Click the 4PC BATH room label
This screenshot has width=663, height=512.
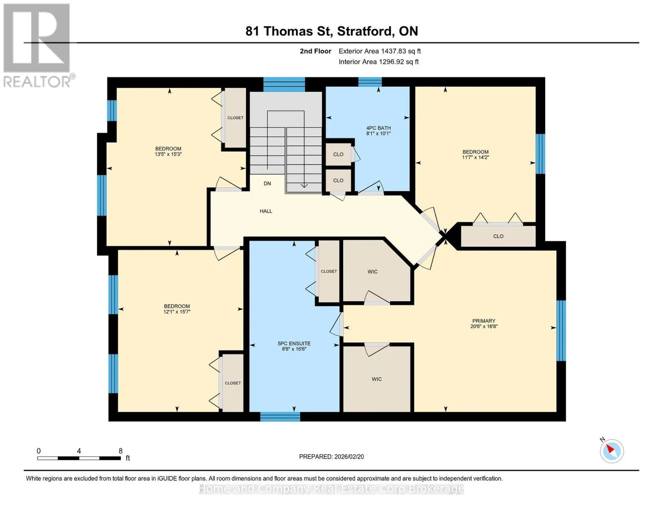(x=378, y=128)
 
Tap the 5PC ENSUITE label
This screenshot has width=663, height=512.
(x=294, y=343)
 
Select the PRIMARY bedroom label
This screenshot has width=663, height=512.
(x=484, y=321)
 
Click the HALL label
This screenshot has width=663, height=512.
(x=266, y=211)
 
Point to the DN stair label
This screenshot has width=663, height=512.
(x=267, y=183)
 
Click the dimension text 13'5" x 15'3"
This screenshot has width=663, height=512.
(x=168, y=154)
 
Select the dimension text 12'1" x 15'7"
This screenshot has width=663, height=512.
(x=177, y=311)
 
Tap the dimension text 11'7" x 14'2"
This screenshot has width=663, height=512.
(x=475, y=157)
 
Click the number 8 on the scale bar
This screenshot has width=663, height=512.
(x=120, y=451)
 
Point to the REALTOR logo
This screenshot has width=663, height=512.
(x=38, y=46)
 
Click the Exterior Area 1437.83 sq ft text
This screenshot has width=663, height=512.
(x=380, y=51)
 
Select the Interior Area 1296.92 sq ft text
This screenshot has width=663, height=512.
(x=378, y=62)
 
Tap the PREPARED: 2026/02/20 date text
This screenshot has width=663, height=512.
(x=331, y=457)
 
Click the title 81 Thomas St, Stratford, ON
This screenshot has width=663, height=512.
(x=332, y=31)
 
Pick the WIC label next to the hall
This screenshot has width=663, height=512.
(x=373, y=272)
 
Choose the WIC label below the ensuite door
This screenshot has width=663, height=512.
(x=377, y=379)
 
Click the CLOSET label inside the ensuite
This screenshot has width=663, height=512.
(x=329, y=271)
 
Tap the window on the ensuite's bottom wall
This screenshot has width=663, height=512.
(x=280, y=416)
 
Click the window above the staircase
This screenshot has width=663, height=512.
(x=284, y=84)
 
